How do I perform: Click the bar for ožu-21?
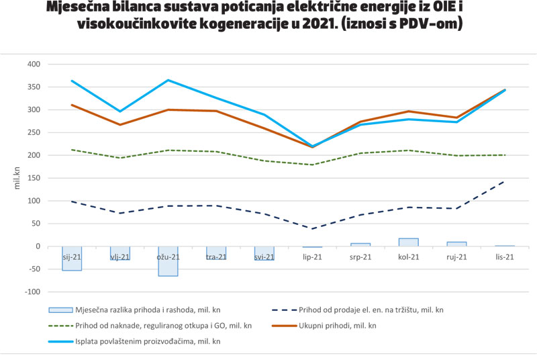click(x=168, y=261)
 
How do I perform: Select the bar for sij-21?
click(x=72, y=258)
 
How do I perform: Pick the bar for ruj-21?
click(x=456, y=244)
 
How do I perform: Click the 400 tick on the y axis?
click(x=34, y=64)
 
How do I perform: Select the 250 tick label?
click(x=34, y=133)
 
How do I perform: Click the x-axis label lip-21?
click(x=312, y=257)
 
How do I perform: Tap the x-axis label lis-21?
click(x=505, y=257)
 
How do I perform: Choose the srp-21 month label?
click(x=360, y=257)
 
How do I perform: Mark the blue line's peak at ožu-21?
click(x=168, y=81)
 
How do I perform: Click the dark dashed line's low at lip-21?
click(x=312, y=228)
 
